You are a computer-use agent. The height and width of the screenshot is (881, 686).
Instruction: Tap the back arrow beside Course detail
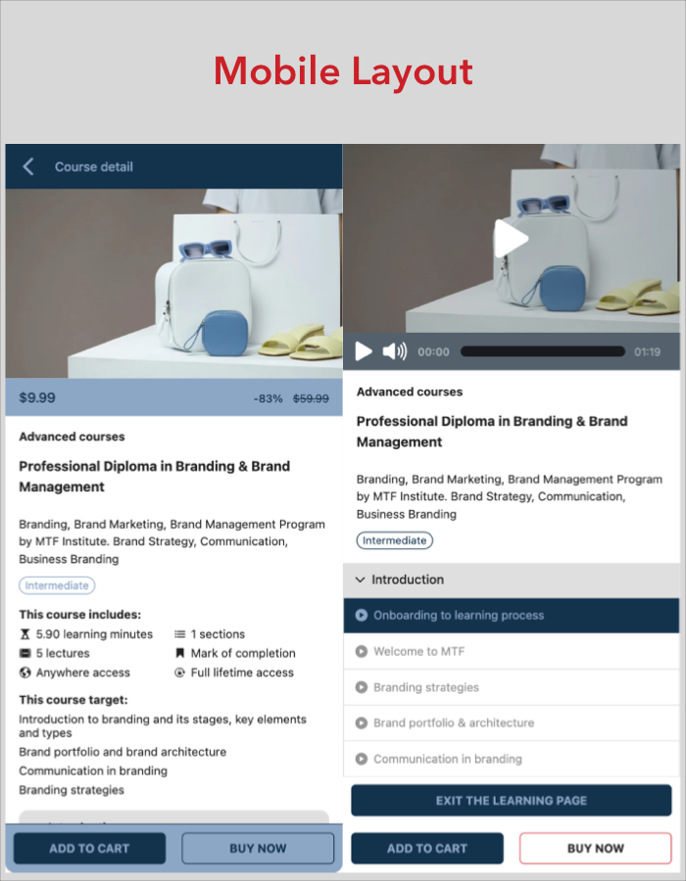(x=28, y=166)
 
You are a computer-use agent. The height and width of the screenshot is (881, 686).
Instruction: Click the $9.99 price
(x=37, y=397)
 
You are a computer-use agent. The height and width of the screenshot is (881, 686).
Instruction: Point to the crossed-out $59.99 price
(x=311, y=398)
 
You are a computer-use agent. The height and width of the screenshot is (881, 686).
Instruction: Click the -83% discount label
(x=268, y=398)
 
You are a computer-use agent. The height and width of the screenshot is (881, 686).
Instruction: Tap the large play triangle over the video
(x=511, y=238)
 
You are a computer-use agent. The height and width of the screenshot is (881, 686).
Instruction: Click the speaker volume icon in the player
(x=395, y=351)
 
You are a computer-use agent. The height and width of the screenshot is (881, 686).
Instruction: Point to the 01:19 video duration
(x=647, y=351)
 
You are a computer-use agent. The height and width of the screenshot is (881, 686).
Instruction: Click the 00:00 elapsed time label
(x=433, y=351)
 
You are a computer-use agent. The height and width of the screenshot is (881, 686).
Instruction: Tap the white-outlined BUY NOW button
(x=596, y=848)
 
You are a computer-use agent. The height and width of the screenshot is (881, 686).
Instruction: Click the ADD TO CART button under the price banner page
(x=89, y=848)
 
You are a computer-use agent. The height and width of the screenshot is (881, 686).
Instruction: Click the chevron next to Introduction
(x=361, y=580)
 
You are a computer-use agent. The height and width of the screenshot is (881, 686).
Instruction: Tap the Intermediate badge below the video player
(x=395, y=540)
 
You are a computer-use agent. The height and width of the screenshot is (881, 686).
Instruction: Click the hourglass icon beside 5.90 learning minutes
(x=24, y=634)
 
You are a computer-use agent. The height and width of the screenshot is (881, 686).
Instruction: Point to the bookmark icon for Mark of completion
(x=180, y=653)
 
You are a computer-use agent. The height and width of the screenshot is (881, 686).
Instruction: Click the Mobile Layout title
(x=343, y=71)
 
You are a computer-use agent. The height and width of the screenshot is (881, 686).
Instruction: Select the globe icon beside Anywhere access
(x=24, y=672)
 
